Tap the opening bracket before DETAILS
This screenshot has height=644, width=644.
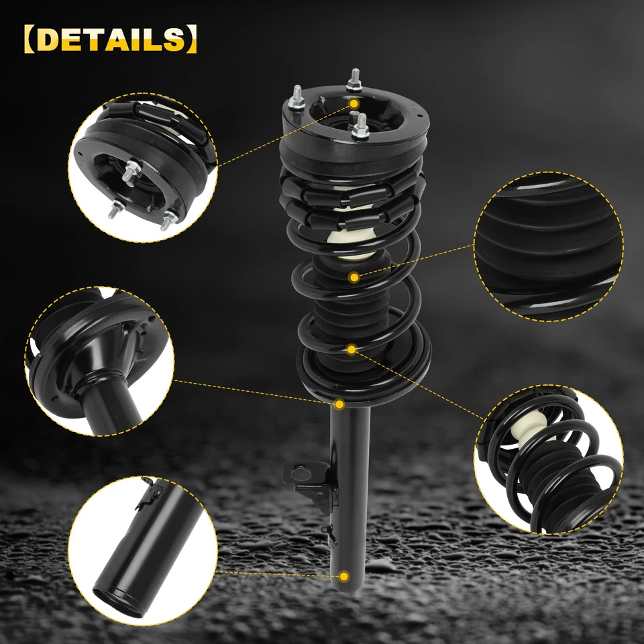click(28, 40)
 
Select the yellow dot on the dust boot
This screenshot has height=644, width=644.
click(354, 276)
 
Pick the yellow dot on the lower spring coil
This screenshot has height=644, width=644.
click(351, 349)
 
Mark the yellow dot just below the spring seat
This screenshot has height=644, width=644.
click(339, 404)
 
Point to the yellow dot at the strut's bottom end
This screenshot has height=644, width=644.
click(343, 576)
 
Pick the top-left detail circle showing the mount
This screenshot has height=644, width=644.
click(142, 166)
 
